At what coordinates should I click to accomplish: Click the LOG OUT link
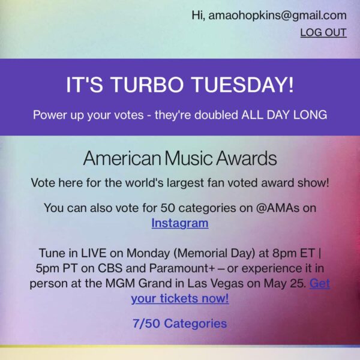click(x=323, y=32)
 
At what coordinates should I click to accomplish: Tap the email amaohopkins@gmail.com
click(x=278, y=15)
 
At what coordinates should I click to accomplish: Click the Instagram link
click(x=180, y=223)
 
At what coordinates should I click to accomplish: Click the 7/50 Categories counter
click(x=180, y=323)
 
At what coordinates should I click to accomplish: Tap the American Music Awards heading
click(x=180, y=159)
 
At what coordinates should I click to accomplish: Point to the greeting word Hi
click(x=198, y=15)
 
